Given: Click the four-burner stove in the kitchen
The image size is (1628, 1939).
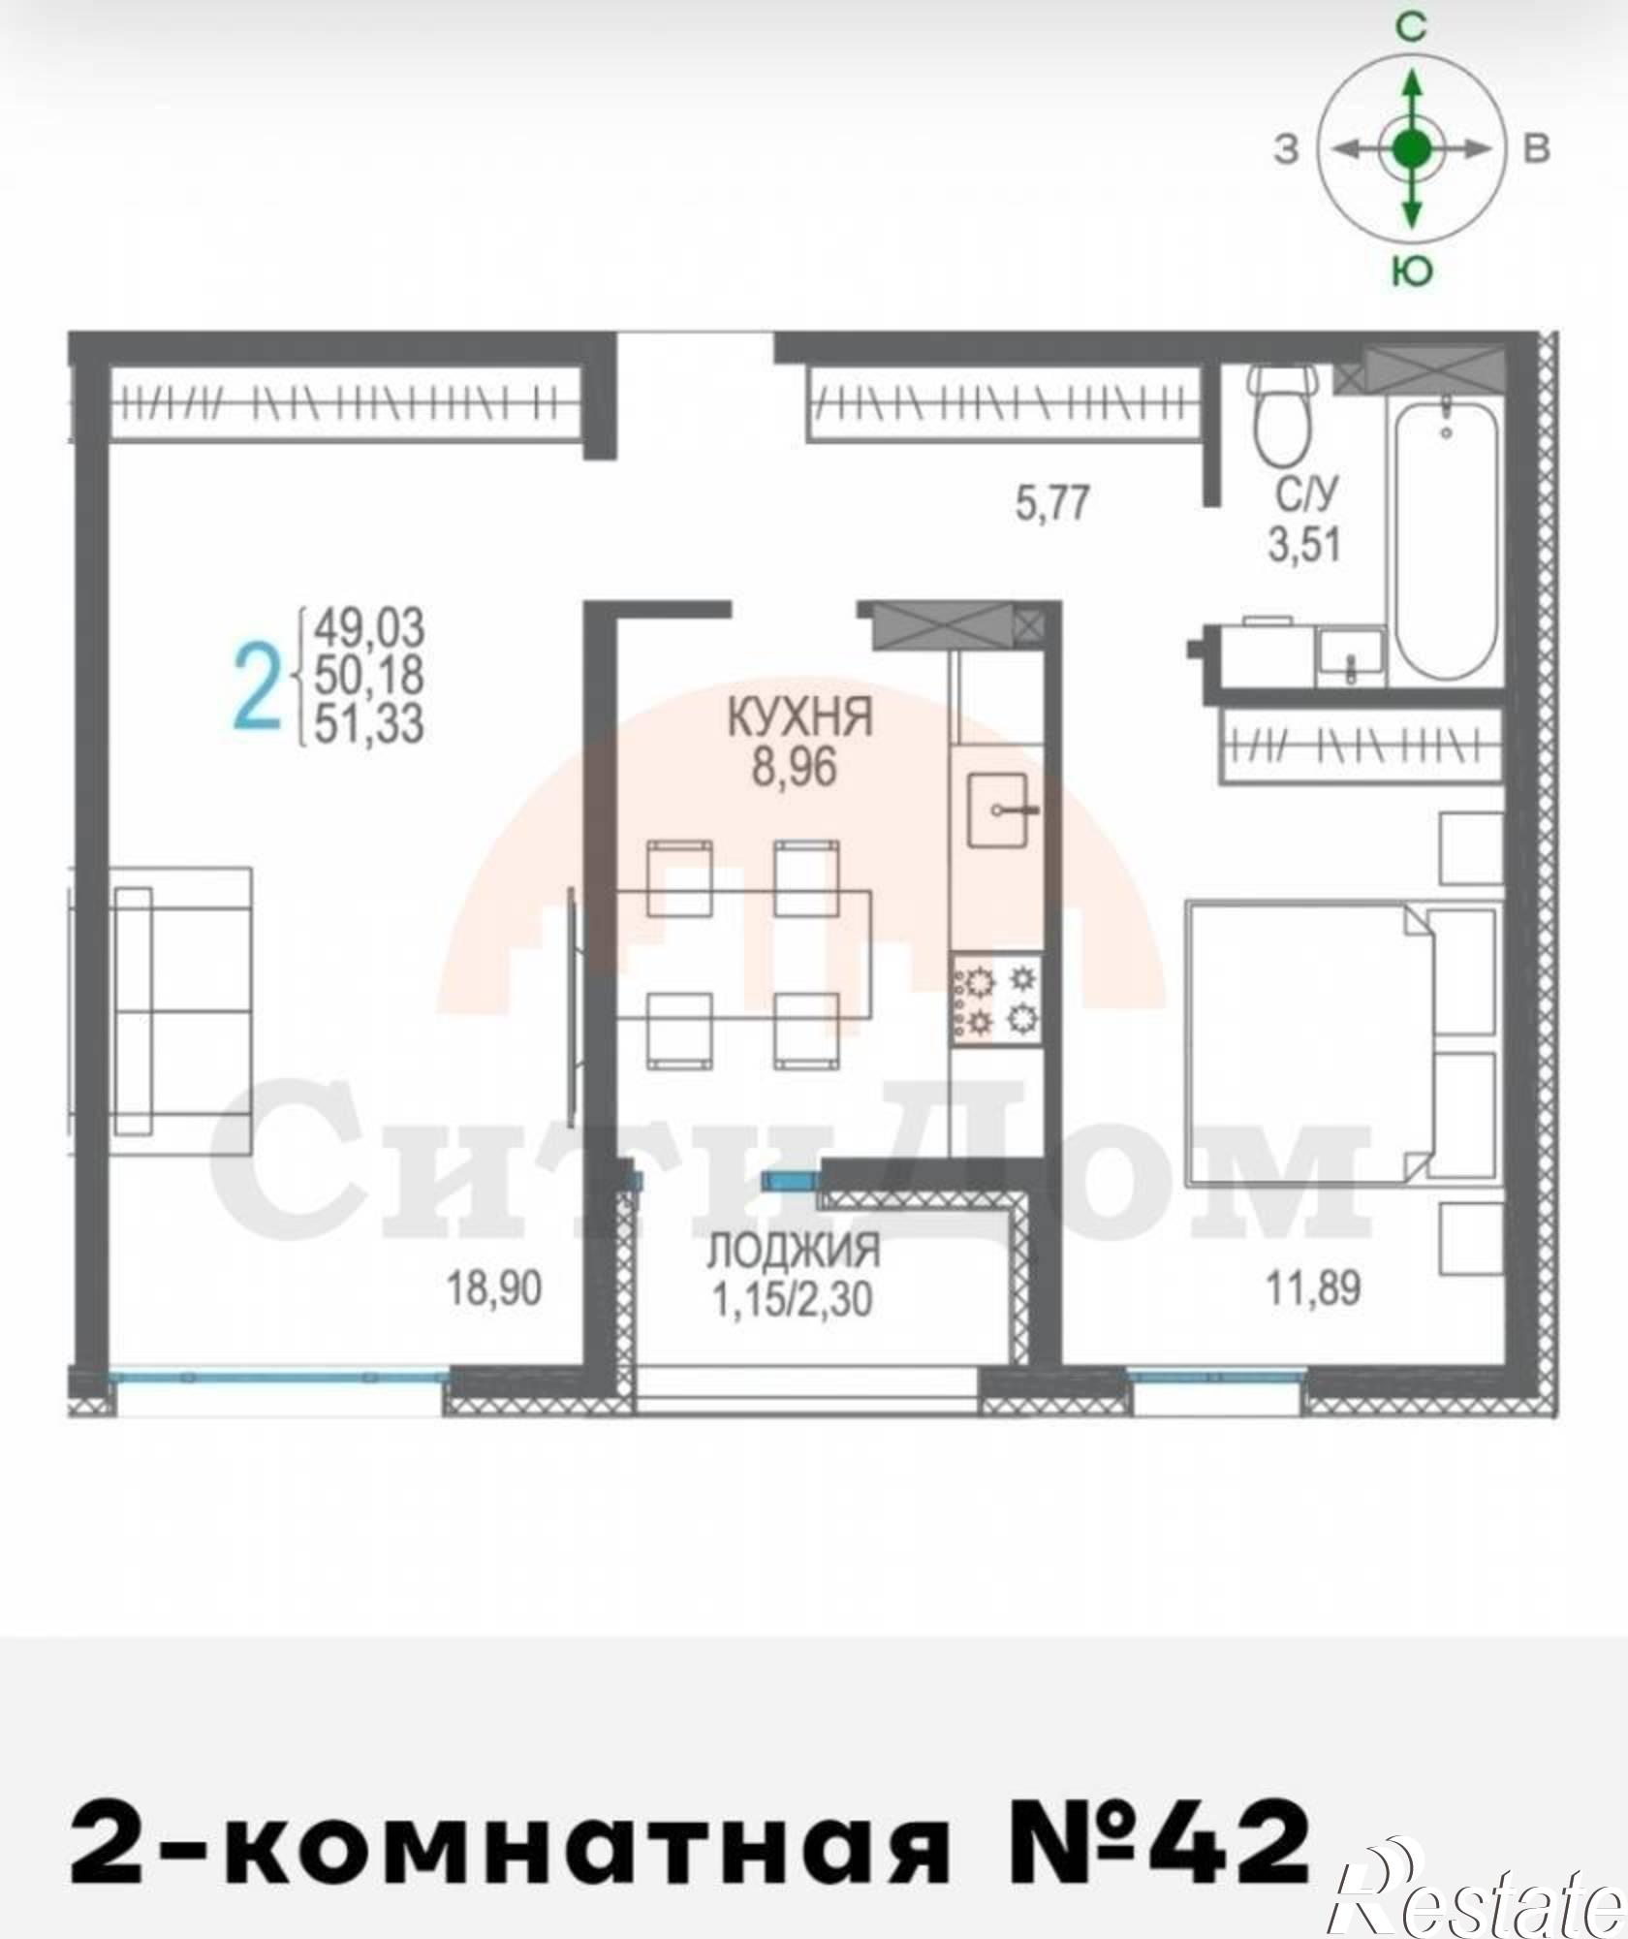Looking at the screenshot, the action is point(997,1001).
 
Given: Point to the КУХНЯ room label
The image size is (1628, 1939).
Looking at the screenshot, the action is point(800,719).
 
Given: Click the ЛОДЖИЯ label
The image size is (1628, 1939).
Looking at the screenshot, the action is point(793,1251).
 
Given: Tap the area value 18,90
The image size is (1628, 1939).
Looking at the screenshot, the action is point(493,1288).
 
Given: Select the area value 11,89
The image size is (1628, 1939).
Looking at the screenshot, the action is point(1313,1288).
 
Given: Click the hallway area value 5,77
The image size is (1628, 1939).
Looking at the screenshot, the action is point(1052,504).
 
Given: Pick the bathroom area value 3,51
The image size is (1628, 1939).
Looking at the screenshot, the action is point(1304,544).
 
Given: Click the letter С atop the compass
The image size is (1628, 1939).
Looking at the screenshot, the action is point(1411,28).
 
